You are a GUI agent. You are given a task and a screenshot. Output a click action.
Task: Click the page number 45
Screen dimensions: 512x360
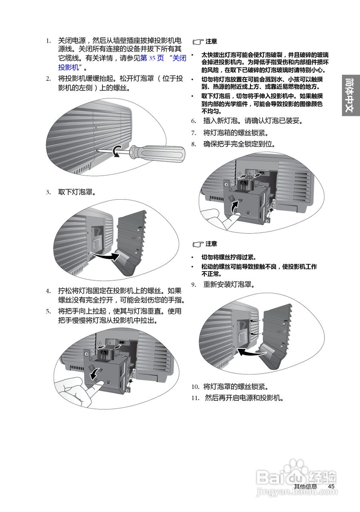pos(331,486)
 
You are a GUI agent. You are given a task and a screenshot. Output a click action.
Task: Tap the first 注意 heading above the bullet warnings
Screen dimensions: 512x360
pos(211,41)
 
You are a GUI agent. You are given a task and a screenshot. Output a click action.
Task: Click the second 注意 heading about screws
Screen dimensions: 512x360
pos(211,244)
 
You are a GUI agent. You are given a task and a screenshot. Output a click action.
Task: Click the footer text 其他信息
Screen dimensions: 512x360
pos(306,486)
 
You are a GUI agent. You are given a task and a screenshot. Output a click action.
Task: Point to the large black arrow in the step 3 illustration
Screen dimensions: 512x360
pos(105,257)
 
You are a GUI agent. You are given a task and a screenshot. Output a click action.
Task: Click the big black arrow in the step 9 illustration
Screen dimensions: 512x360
pos(251,352)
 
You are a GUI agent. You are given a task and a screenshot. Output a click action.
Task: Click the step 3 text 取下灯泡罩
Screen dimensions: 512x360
pos(76,192)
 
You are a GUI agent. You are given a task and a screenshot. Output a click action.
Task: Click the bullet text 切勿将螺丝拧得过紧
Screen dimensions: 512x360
pos(229,257)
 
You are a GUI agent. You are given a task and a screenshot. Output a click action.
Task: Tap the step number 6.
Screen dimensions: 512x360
pos(194,121)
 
